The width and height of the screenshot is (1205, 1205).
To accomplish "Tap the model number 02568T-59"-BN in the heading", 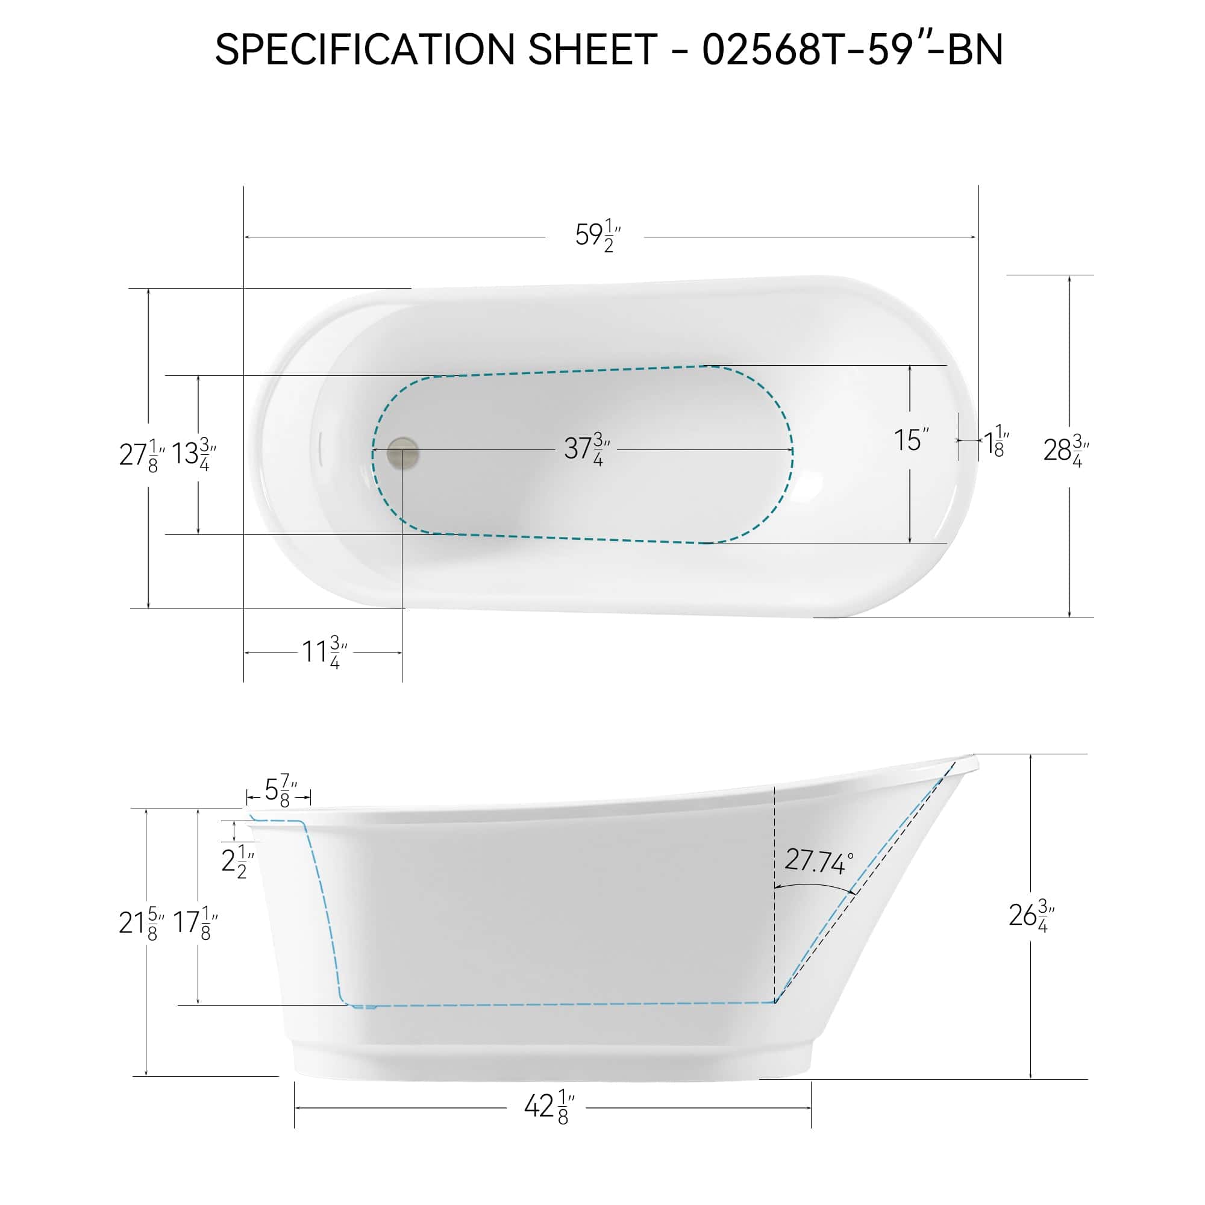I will (x=852, y=49).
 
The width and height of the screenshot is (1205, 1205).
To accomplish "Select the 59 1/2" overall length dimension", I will (x=597, y=236).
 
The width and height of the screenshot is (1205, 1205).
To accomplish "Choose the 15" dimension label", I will (x=910, y=440).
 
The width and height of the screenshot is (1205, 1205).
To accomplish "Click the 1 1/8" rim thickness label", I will (x=996, y=441).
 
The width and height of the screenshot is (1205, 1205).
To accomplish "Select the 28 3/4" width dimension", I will (x=1066, y=449).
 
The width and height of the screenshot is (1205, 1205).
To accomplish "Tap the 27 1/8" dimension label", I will (x=142, y=455).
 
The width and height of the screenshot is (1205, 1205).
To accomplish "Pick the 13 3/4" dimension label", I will (x=193, y=455).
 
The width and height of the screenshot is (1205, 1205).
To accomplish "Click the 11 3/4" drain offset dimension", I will (x=324, y=653).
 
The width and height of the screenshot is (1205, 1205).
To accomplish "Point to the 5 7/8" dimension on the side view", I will (x=280, y=790).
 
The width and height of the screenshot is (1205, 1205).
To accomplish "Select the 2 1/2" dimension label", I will (x=237, y=862).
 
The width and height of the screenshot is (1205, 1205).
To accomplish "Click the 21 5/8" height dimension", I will (x=142, y=923).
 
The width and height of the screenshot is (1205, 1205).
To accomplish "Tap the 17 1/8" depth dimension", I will (x=195, y=923).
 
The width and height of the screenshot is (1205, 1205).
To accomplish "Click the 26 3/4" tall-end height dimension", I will (x=1031, y=916).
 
